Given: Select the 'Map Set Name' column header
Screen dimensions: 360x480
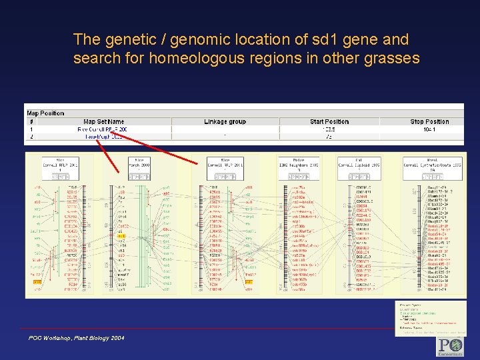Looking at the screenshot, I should coord(103,122).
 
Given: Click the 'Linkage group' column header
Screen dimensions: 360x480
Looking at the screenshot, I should coord(225,122).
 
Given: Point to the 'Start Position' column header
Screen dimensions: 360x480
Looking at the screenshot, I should coord(329,122).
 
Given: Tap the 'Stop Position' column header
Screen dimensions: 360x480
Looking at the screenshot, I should coord(429,122).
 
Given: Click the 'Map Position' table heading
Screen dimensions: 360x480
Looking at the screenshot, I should coord(45,113).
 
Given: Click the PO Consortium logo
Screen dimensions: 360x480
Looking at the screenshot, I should coord(450,346).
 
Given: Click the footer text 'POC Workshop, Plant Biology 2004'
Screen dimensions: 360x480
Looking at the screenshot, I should coord(76,339).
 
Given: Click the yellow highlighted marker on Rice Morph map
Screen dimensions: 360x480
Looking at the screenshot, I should coord(121,236).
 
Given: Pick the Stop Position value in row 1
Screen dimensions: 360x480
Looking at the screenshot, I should coord(429,129).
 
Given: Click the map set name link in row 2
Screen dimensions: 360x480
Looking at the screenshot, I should coord(103,136).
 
